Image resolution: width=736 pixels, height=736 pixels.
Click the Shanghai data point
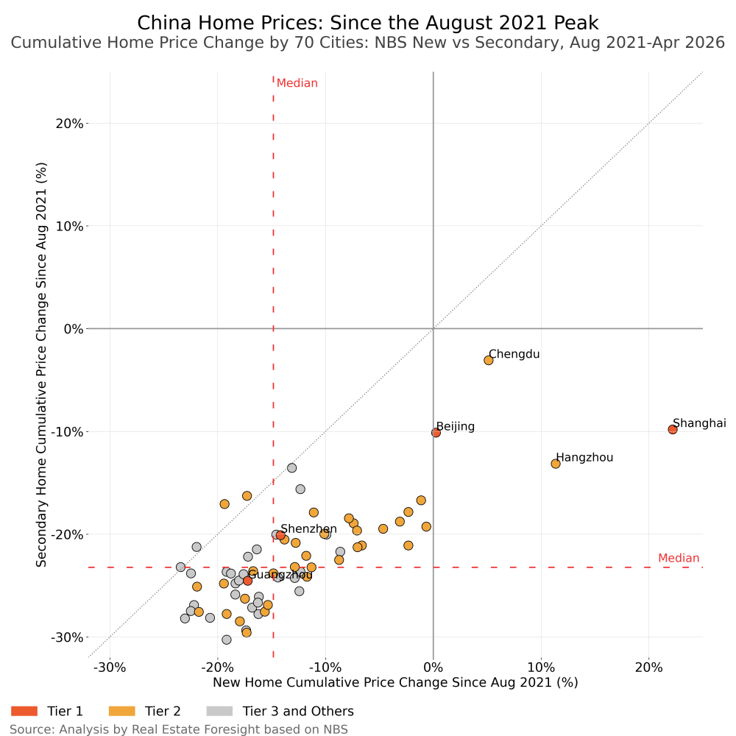coord(673,429)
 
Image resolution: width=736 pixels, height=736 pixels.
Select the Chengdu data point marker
coord(488,360)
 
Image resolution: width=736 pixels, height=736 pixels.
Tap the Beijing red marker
coord(436,432)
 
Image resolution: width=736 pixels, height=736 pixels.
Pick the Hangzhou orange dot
coord(555,464)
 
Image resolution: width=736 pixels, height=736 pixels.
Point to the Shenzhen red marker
coord(280,535)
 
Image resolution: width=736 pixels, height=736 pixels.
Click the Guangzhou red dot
coord(247,581)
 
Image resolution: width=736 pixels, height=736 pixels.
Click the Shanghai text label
coord(699,423)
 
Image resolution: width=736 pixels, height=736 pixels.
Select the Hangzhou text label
coord(584,458)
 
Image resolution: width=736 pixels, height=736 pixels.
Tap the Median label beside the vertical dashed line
coord(297,83)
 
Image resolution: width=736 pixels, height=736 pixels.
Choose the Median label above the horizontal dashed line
coord(679,558)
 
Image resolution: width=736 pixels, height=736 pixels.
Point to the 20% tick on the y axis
coord(69,124)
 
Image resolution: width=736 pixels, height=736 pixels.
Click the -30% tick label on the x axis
coord(110,668)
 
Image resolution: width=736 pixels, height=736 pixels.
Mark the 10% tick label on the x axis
coord(541,668)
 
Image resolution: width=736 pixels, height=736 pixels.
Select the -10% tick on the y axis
coord(67,432)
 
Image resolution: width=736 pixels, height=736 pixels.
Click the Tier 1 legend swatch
coord(24,711)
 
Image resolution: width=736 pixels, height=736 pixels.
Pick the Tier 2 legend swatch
coord(121,711)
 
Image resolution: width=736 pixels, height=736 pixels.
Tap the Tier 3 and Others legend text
coord(298,711)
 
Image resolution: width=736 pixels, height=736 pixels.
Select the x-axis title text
coord(395,682)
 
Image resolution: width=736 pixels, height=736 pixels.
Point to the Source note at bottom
coord(179,729)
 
